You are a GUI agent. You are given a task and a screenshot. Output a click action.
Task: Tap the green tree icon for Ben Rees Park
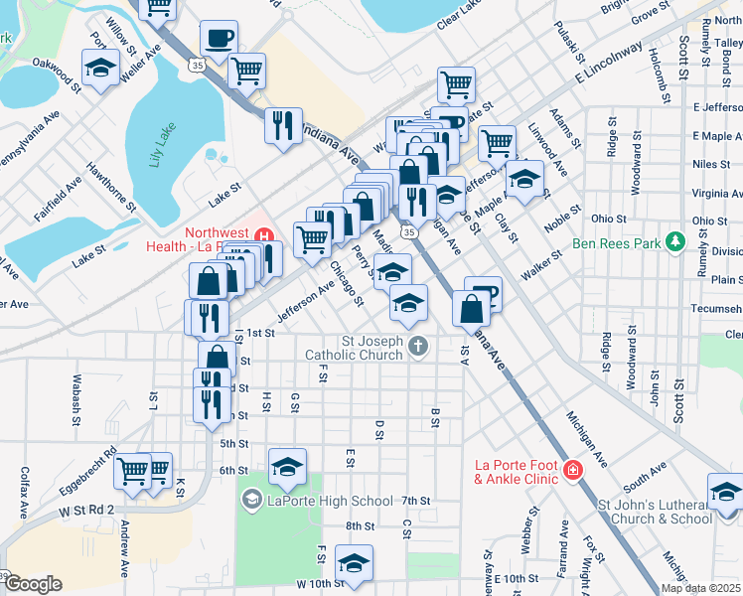[x=675, y=241]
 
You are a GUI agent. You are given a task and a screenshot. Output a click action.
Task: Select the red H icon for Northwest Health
[x=264, y=235]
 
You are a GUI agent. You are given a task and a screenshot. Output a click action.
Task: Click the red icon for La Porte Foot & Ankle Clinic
[x=572, y=470]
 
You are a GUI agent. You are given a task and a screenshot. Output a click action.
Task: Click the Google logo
[x=34, y=584]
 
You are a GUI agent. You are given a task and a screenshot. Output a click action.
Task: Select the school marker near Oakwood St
[x=100, y=70]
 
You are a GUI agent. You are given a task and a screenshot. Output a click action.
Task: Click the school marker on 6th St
[x=287, y=467]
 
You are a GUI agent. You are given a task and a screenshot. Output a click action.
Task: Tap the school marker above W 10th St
[x=354, y=563]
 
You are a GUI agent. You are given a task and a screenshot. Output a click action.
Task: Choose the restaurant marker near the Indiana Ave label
[x=282, y=124]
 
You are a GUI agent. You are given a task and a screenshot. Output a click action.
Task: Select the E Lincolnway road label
[x=608, y=69]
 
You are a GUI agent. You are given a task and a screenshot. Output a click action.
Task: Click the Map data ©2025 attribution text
[x=700, y=588]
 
